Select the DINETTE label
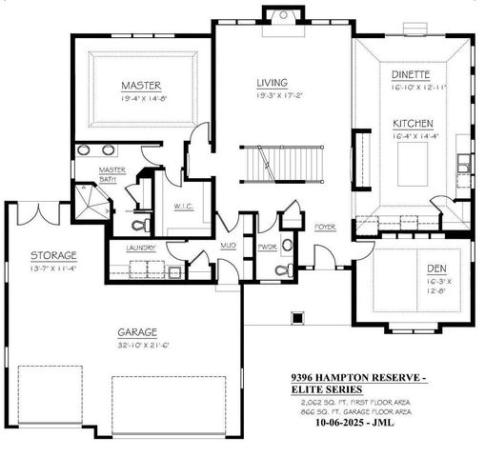coord(411,73)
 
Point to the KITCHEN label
coord(412,123)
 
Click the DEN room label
coord(437,269)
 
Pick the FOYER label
coord(325,227)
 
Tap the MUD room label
coord(229,245)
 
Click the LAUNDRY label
coord(143,249)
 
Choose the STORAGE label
coord(52,255)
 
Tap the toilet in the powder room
coord(278,270)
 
